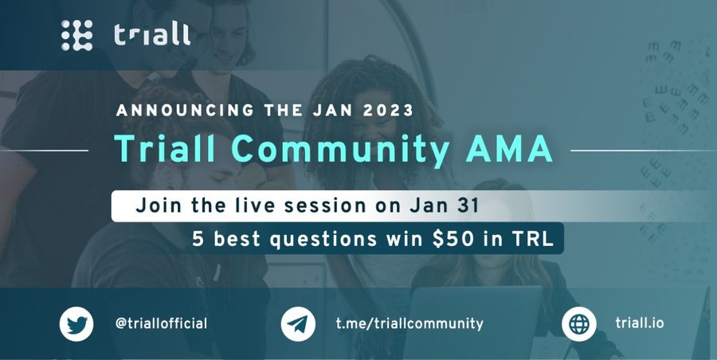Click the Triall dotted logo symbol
[76, 35]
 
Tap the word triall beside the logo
[152, 35]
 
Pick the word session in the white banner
[325, 205]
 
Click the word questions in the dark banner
[323, 240]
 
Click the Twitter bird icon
[76, 324]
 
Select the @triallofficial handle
[161, 324]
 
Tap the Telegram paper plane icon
[298, 324]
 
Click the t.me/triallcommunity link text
[409, 324]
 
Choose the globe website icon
[579, 324]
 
